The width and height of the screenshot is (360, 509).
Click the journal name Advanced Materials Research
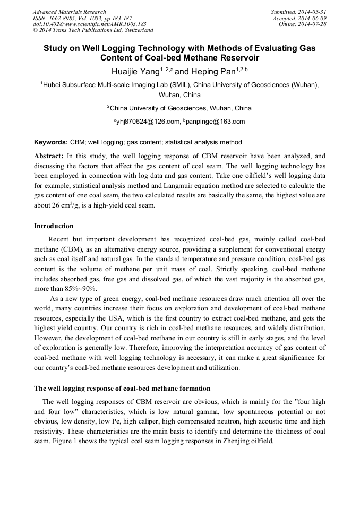point(69,12)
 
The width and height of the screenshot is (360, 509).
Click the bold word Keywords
point(50,142)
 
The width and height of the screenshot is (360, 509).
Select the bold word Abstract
point(48,156)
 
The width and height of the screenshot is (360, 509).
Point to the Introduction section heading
point(54,226)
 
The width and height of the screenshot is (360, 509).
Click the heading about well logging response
point(122,388)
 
